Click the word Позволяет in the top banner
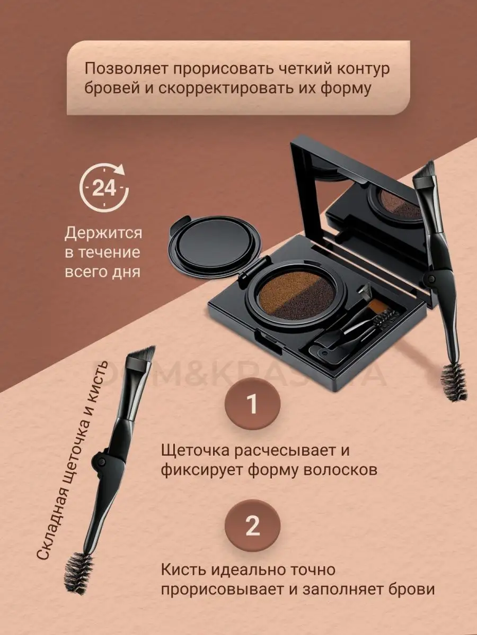coord(127,69)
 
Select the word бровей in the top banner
coord(112,88)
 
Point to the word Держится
coord(103,233)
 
